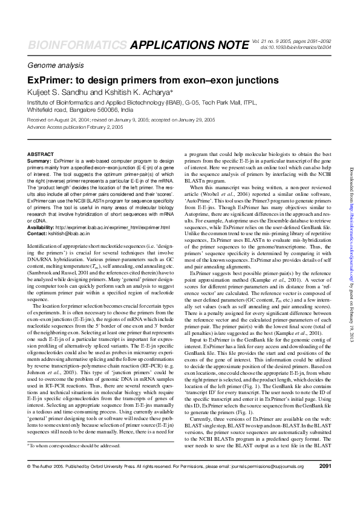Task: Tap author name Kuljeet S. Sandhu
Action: [x=65, y=92]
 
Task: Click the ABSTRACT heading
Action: [x=41, y=155]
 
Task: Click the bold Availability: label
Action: [x=41, y=227]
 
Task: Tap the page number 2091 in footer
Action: [x=324, y=482]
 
